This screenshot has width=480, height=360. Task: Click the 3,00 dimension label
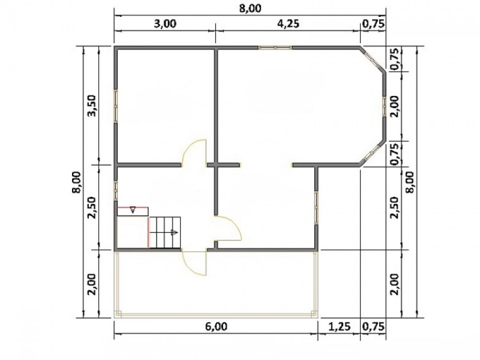pos(164,23)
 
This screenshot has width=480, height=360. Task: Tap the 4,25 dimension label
pos(288,23)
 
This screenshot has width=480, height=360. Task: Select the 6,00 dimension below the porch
pos(216,326)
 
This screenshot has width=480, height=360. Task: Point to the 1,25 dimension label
pos(339,326)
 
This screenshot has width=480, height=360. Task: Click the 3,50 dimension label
pos(92,106)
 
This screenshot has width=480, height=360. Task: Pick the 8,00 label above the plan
pos(250,8)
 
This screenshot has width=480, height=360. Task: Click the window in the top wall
pos(275,48)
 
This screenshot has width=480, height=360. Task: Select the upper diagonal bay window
pos(373,61)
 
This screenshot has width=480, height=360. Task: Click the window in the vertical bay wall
pos(384,106)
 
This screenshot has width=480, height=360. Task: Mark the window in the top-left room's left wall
pos(116,106)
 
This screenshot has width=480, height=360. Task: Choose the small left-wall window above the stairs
pos(116,191)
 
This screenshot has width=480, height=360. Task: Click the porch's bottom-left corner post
pos(118,314)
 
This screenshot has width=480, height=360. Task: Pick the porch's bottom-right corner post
pos(314,314)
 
